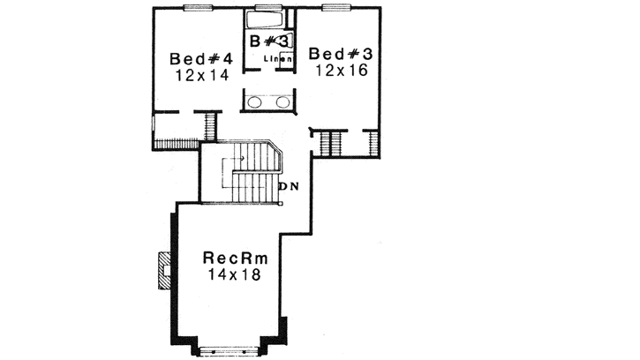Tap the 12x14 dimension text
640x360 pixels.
tap(201, 75)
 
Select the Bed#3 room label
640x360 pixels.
tap(340, 54)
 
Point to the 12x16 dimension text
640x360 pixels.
tap(340, 70)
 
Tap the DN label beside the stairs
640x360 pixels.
tap(288, 186)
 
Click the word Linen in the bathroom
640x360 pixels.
tap(279, 59)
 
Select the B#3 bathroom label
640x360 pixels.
tap(268, 41)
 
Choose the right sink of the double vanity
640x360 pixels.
tap(283, 101)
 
